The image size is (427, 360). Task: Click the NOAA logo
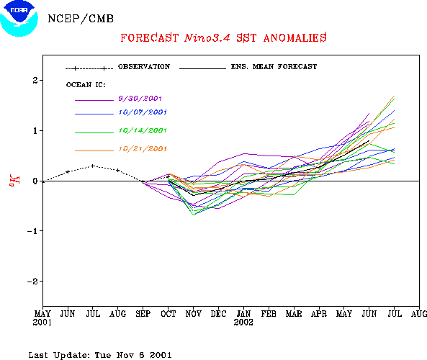(x=19, y=18)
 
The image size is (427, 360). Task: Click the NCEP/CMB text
(x=81, y=19)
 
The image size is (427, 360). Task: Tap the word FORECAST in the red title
(x=149, y=38)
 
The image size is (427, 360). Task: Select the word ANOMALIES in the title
(x=295, y=38)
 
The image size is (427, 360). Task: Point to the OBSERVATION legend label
(x=144, y=67)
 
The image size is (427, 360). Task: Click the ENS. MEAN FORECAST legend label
(x=274, y=67)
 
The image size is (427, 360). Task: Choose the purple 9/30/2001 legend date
(x=140, y=99)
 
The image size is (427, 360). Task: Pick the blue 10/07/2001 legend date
(x=143, y=112)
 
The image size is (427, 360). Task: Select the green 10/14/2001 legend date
(x=143, y=130)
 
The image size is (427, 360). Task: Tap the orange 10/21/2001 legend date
(x=143, y=149)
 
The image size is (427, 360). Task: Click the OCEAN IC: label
(x=86, y=85)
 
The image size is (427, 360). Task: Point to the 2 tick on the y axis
(x=35, y=81)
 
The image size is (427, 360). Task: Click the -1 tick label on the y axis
(x=32, y=231)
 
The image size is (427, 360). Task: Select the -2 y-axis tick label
(x=32, y=282)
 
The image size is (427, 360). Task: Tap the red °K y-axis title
(x=14, y=181)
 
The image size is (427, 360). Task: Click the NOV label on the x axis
(x=194, y=314)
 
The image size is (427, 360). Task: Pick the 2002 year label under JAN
(x=243, y=323)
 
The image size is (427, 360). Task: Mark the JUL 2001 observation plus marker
(x=93, y=166)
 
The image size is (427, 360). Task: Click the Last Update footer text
(x=100, y=355)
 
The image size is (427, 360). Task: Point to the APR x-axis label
(x=319, y=314)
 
